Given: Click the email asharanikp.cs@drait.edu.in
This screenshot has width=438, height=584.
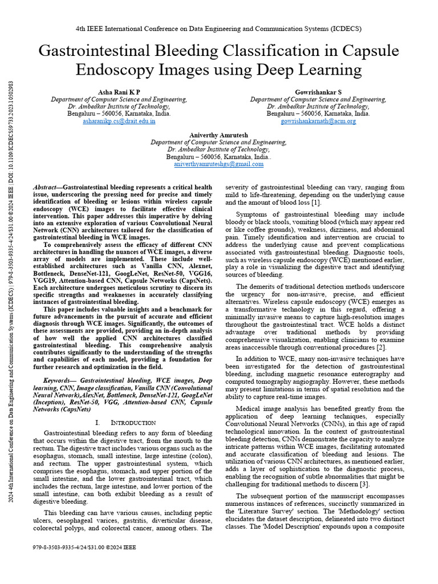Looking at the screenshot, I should click(x=119, y=121).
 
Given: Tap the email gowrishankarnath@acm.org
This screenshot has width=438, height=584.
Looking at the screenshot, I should click(x=318, y=121).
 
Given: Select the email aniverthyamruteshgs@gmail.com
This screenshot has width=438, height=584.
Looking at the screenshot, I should click(x=218, y=164).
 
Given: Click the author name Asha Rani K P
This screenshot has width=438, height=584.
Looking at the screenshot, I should click(x=119, y=91).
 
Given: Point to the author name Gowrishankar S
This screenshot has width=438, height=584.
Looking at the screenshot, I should click(x=318, y=91).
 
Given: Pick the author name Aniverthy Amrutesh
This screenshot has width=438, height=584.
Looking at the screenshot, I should click(x=218, y=134).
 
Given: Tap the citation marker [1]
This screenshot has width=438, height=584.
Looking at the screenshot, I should click(x=316, y=203).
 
